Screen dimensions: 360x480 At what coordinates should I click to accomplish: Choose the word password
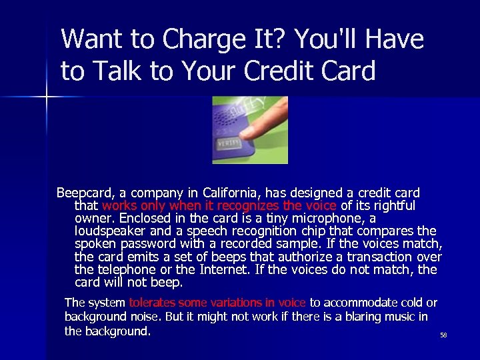point(147,243)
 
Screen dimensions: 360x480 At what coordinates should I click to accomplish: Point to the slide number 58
point(443,335)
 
